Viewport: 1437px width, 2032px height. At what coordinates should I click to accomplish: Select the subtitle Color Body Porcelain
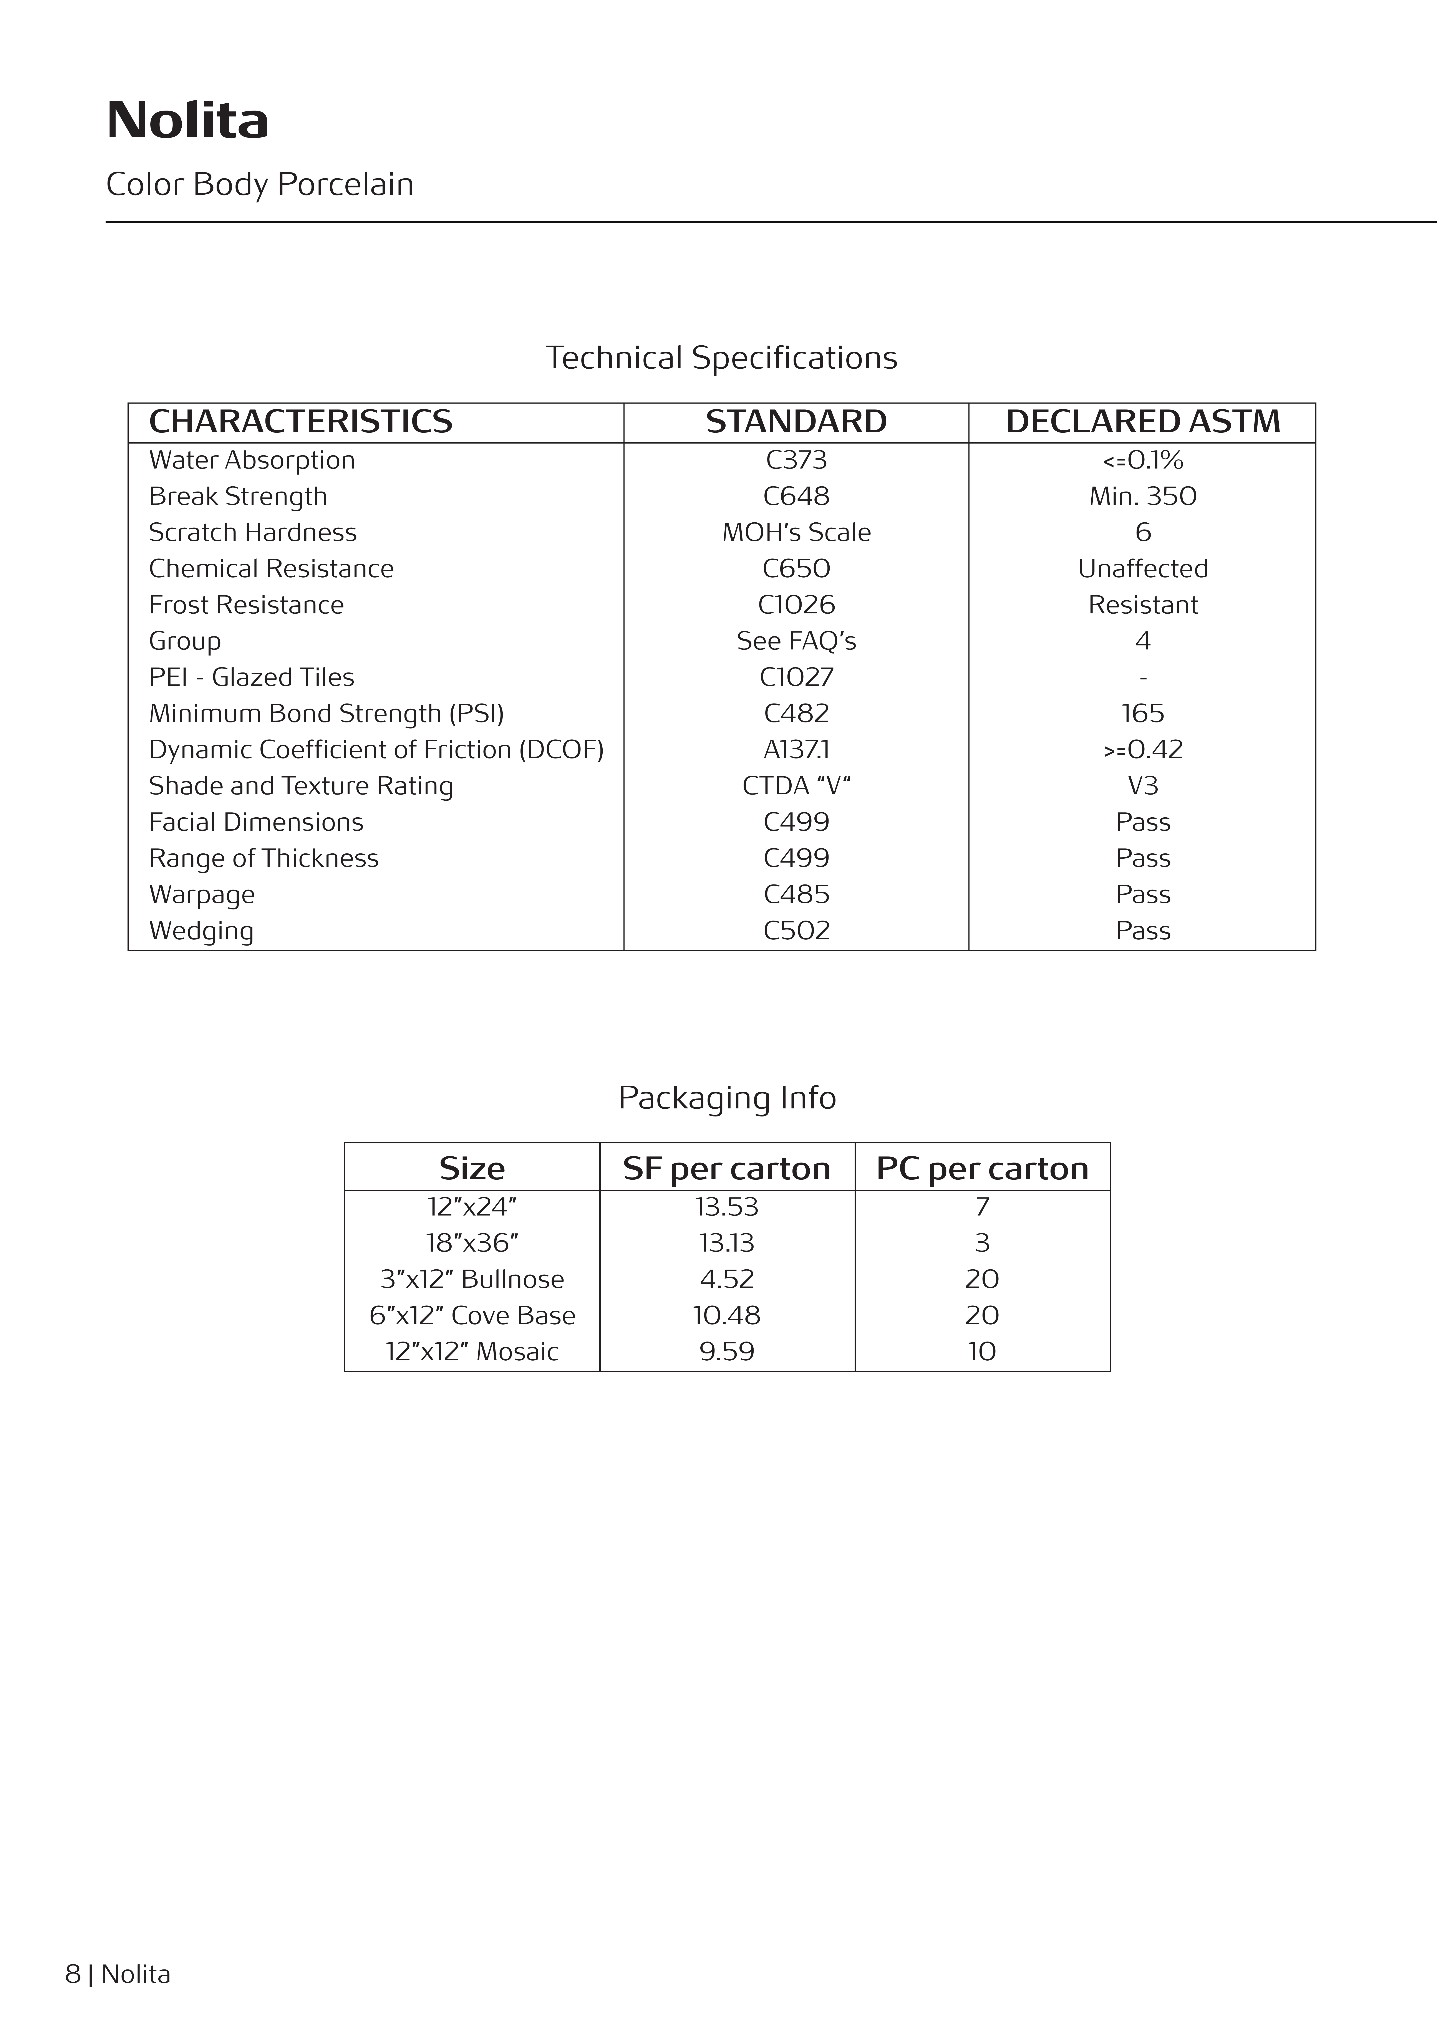click(x=259, y=184)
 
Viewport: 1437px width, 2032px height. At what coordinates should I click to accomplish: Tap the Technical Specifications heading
click(x=721, y=358)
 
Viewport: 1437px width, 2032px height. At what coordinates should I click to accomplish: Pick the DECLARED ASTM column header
click(x=1142, y=421)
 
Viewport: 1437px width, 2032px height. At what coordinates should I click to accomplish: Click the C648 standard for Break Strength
click(x=796, y=497)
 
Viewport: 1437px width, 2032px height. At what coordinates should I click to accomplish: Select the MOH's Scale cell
click(x=796, y=533)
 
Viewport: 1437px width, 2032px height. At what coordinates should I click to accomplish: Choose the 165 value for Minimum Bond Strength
click(x=1142, y=713)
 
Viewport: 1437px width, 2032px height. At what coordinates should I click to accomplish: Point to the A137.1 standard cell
click(x=796, y=750)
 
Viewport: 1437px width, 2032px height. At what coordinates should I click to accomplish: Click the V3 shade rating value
click(x=1142, y=786)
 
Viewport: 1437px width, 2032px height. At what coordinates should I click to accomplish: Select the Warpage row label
click(x=202, y=895)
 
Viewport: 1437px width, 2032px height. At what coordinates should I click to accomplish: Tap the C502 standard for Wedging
click(x=796, y=931)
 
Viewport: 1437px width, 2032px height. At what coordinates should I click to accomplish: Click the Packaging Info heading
click(x=726, y=1097)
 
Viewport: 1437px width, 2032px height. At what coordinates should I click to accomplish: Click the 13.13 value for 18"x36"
click(x=726, y=1244)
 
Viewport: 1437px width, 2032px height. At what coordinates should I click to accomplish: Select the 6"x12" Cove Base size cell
click(x=472, y=1316)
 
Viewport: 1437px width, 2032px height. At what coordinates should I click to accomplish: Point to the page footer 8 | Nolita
click(x=118, y=1974)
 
